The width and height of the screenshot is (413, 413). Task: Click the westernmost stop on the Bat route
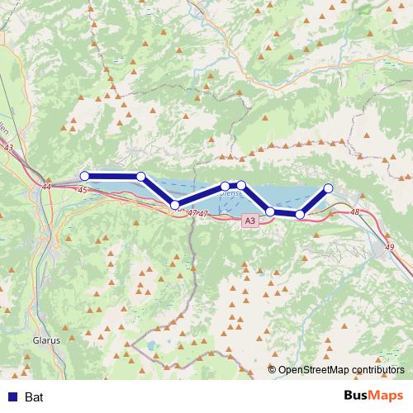pyautogui.click(x=84, y=176)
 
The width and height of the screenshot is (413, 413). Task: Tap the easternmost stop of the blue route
pyautogui.click(x=328, y=188)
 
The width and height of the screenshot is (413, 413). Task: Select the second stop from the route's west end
pyautogui.click(x=141, y=176)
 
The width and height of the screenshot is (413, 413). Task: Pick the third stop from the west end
pyautogui.click(x=174, y=204)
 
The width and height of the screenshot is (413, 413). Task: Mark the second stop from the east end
pyautogui.click(x=300, y=215)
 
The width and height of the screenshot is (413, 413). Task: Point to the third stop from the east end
pyautogui.click(x=270, y=212)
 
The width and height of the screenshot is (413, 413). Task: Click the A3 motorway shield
pyautogui.click(x=250, y=221)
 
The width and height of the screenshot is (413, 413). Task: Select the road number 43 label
pyautogui.click(x=9, y=148)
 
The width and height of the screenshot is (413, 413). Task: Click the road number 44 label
pyautogui.click(x=45, y=188)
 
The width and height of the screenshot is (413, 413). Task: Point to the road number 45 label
pyautogui.click(x=82, y=190)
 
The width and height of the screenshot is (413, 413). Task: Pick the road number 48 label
pyautogui.click(x=355, y=212)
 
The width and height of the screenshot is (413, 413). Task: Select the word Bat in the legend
pyautogui.click(x=34, y=397)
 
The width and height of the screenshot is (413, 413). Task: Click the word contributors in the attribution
pyautogui.click(x=377, y=370)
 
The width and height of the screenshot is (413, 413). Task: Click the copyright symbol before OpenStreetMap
pyautogui.click(x=273, y=370)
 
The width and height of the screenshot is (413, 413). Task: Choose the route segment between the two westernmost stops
pyautogui.click(x=112, y=176)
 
